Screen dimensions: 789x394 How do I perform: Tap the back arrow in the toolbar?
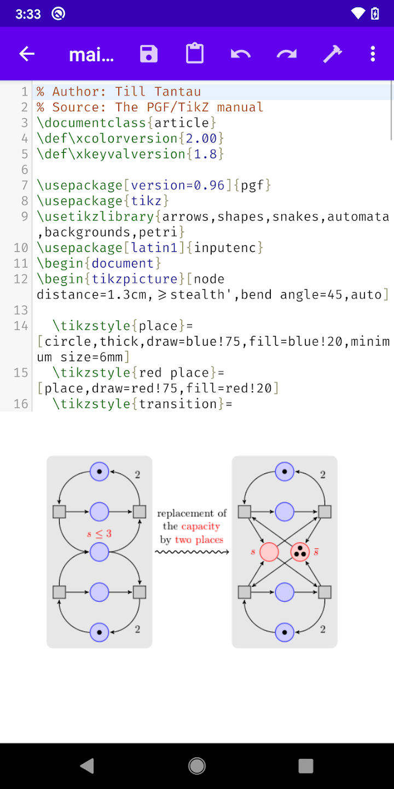[27, 54]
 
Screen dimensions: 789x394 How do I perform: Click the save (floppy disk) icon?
[149, 54]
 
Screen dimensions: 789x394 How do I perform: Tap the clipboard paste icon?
[195, 54]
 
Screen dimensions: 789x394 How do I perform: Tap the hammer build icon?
[332, 54]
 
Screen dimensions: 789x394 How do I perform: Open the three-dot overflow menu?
[373, 54]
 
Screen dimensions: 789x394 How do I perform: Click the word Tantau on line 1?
[177, 92]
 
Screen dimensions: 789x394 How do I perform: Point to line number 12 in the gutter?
[21, 279]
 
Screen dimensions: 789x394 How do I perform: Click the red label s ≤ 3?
[99, 533]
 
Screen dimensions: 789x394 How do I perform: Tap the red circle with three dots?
[300, 552]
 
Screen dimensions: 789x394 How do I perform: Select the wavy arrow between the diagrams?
[192, 552]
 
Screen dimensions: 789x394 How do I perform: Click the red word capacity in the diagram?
[200, 527]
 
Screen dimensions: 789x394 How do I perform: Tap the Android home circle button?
[197, 765]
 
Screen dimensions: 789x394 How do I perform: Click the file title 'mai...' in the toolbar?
[91, 54]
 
